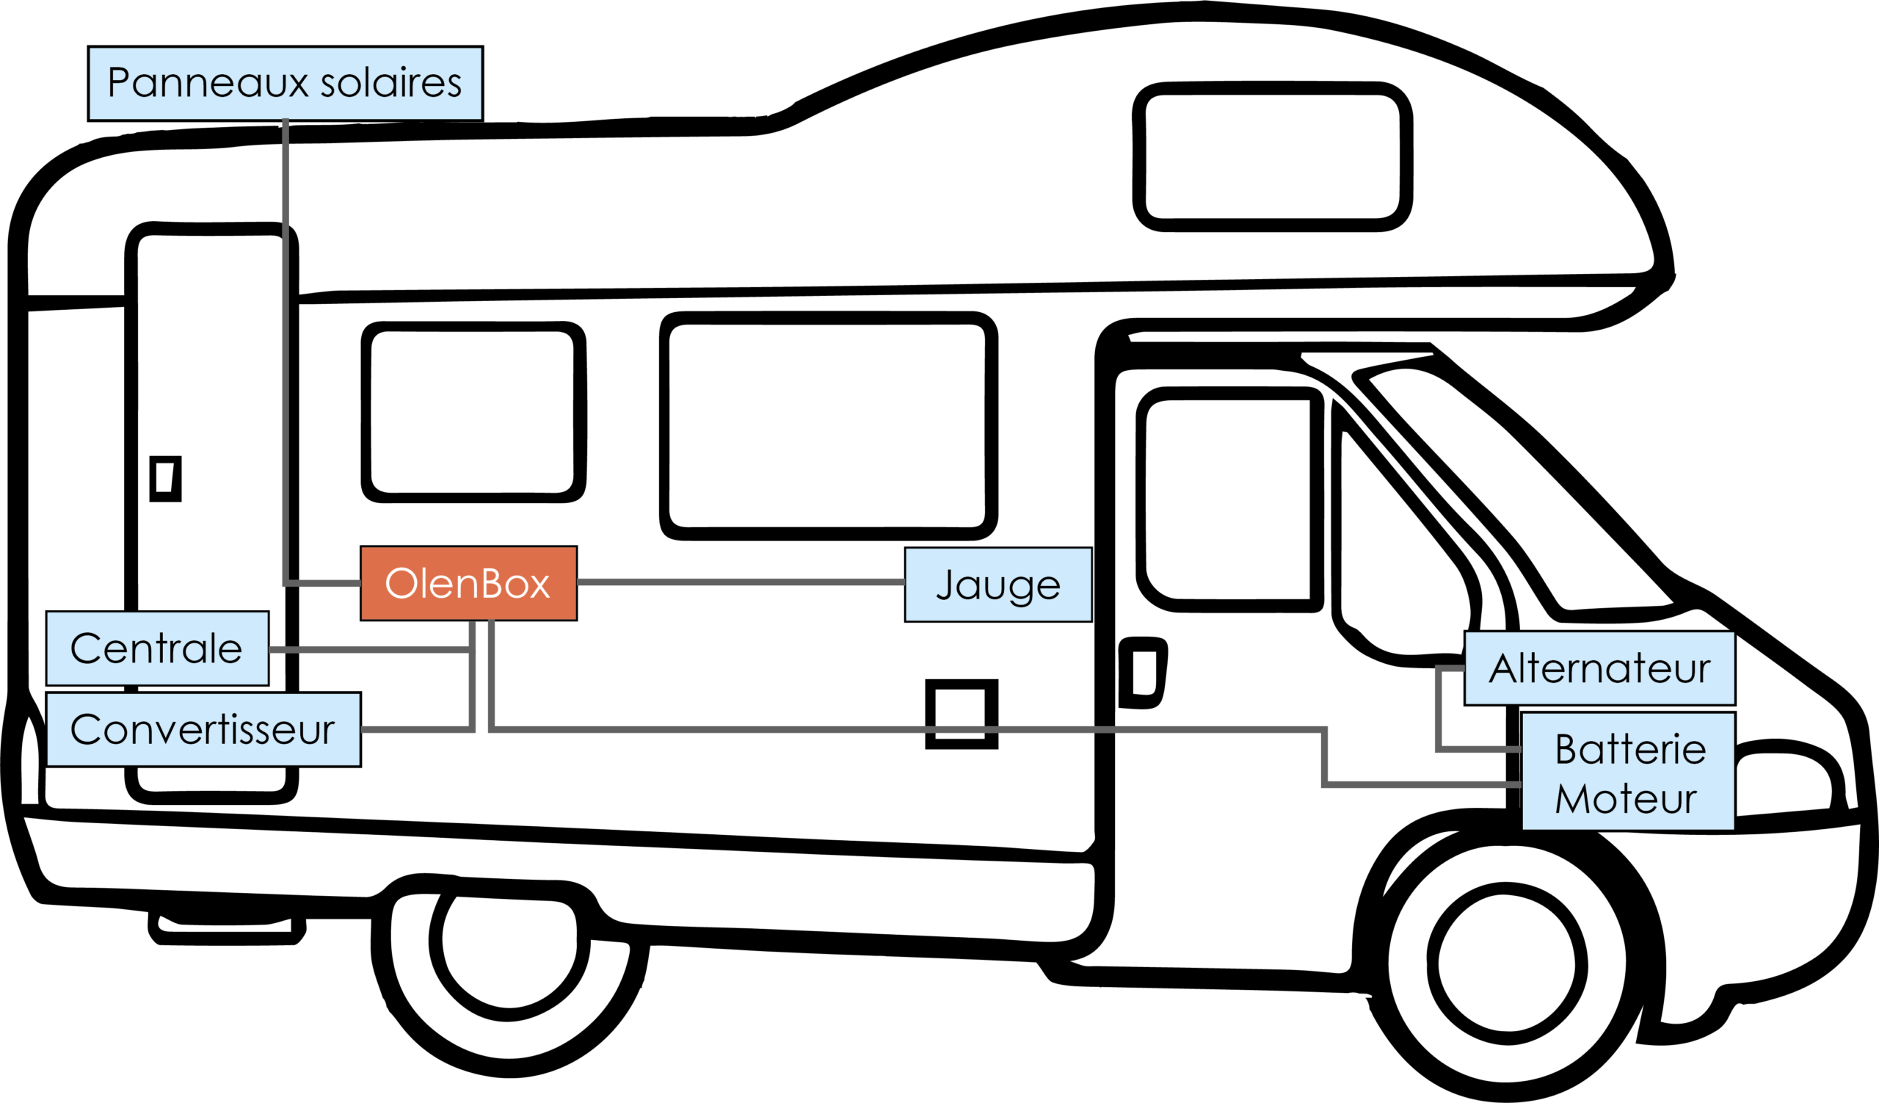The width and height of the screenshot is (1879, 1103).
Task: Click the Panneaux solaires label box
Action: click(285, 83)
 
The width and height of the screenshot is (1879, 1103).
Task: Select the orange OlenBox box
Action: click(468, 583)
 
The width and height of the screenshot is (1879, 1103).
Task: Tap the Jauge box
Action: click(997, 585)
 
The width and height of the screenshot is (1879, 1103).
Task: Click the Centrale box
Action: click(156, 648)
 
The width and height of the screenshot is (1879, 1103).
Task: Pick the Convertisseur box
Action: click(203, 729)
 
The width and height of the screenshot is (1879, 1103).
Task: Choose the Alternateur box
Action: click(1599, 668)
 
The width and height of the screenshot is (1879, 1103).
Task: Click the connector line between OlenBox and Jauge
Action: click(740, 582)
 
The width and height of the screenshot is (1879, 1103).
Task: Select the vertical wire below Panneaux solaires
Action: click(286, 350)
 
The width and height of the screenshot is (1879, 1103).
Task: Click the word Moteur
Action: click(1627, 799)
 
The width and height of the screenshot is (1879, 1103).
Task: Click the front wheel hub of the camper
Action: click(1507, 963)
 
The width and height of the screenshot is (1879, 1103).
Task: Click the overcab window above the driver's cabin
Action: click(1272, 156)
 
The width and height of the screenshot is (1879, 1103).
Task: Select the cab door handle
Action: click(1141, 672)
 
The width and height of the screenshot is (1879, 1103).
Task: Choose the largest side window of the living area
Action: click(829, 426)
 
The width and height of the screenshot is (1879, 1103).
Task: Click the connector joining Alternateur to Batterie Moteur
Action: click(1438, 709)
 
